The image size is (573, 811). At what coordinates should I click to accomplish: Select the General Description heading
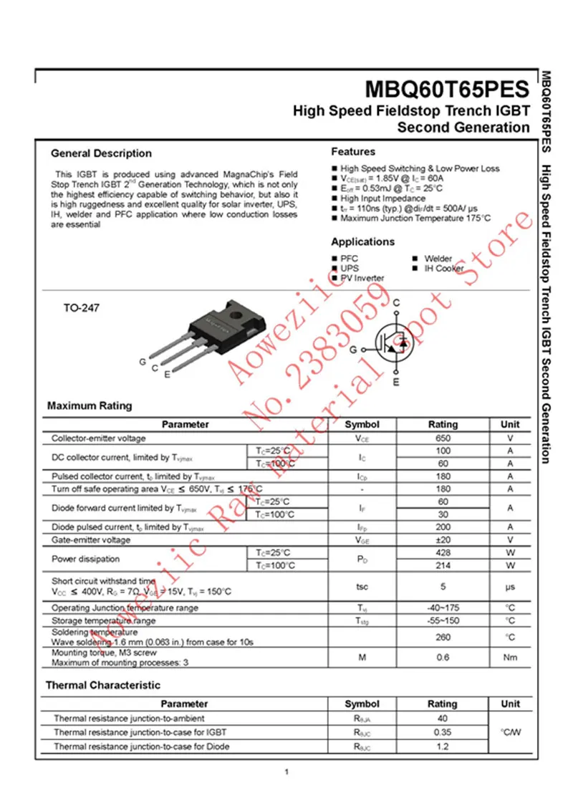tap(101, 153)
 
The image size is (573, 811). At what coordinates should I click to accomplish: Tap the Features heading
tap(353, 152)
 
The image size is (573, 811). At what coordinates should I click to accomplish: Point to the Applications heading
tap(362, 242)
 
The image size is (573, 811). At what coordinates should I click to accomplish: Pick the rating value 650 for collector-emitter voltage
tap(442, 438)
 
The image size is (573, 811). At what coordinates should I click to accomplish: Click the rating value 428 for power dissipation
tap(442, 553)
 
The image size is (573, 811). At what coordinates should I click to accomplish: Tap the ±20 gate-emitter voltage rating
tap(442, 539)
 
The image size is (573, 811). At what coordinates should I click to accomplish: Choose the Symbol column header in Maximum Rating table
tap(362, 424)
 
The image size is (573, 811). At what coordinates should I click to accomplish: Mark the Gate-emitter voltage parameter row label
tap(91, 539)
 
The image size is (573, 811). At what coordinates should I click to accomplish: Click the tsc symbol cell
tap(362, 587)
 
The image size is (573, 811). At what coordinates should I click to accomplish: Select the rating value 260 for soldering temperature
tap(442, 637)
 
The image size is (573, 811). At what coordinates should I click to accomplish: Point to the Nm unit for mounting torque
tap(510, 657)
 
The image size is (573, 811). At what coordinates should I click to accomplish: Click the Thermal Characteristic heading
tap(103, 686)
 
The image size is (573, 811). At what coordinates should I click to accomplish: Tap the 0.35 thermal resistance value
tap(442, 732)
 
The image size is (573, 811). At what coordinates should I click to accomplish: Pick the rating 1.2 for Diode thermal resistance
tap(442, 747)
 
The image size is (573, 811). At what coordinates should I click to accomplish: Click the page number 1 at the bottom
tap(286, 772)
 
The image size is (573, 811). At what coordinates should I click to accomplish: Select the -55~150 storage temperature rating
tap(442, 620)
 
